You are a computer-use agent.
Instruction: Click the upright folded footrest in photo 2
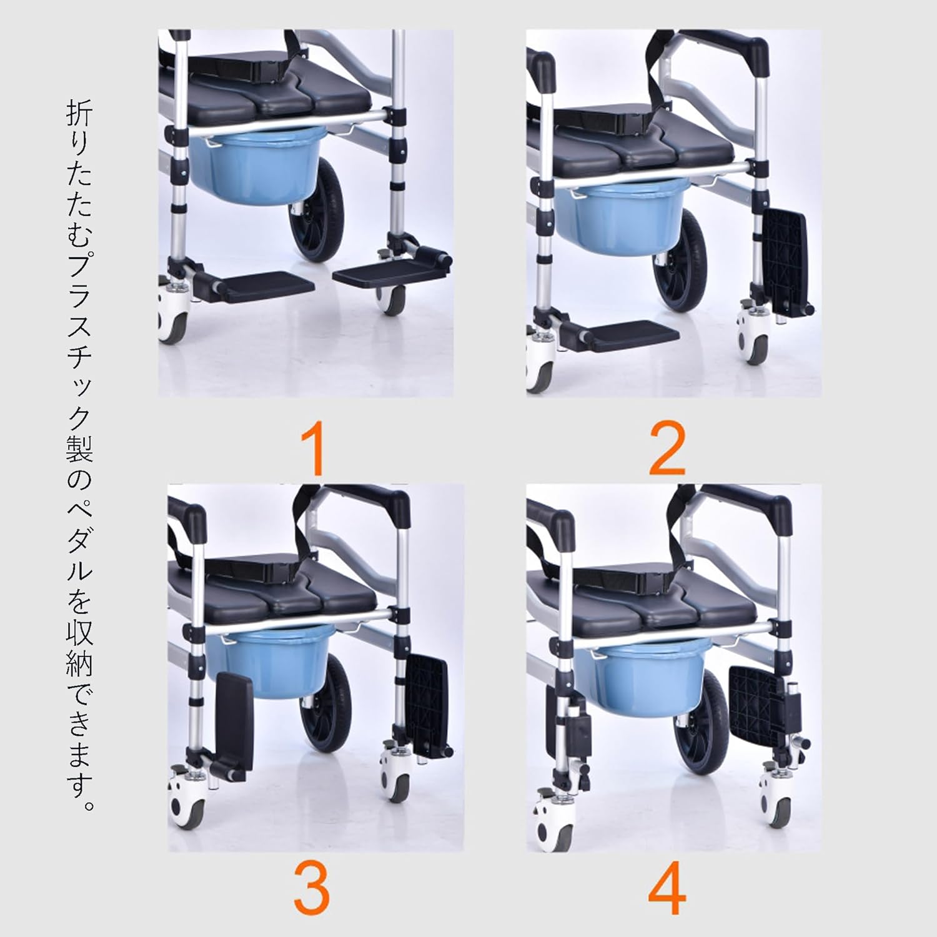click(786, 256)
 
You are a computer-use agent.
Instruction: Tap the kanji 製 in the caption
click(79, 448)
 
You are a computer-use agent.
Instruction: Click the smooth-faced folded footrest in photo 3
click(235, 718)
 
